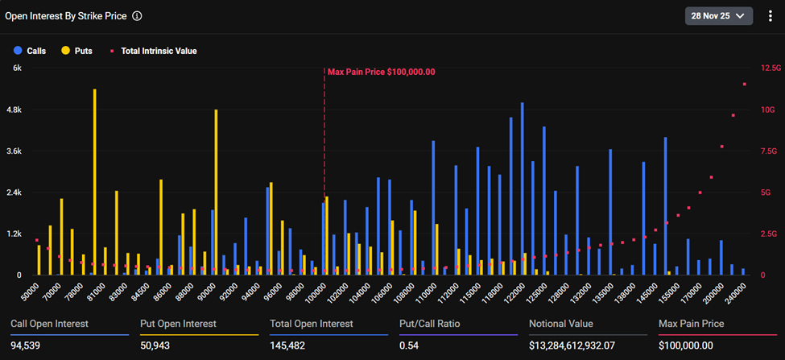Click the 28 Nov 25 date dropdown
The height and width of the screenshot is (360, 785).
(718, 15)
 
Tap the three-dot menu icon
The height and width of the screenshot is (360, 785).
(770, 15)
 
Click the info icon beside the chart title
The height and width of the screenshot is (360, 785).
(137, 15)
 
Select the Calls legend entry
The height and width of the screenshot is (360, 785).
(31, 51)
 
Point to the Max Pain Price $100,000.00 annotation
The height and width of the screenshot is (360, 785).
(381, 72)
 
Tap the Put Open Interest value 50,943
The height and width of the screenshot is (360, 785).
(157, 346)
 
